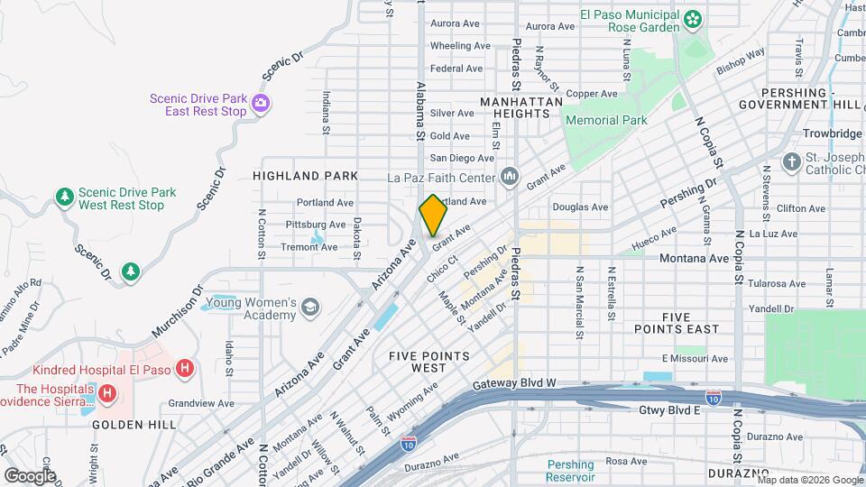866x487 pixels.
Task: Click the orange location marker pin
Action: pos(433,216)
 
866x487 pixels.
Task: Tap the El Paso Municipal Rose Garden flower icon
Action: pos(693,18)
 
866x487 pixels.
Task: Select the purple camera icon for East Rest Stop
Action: pos(261,102)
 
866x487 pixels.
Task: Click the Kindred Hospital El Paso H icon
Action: pos(184,368)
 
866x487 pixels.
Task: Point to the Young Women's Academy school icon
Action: pos(310,308)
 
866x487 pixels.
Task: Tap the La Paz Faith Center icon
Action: pos(509,176)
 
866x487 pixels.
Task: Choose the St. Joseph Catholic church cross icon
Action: pos(791,162)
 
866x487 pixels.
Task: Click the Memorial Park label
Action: pos(606,120)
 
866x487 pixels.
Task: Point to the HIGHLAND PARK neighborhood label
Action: pos(305,176)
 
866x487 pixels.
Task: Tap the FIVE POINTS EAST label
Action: pos(689,323)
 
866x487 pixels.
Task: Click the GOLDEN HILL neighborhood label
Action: pos(125,424)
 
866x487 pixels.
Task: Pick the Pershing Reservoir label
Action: pos(570,470)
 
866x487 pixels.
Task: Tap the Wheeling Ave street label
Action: pos(460,46)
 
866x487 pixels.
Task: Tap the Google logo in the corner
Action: pos(30,475)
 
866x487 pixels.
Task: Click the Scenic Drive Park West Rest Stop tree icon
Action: pos(64,197)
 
